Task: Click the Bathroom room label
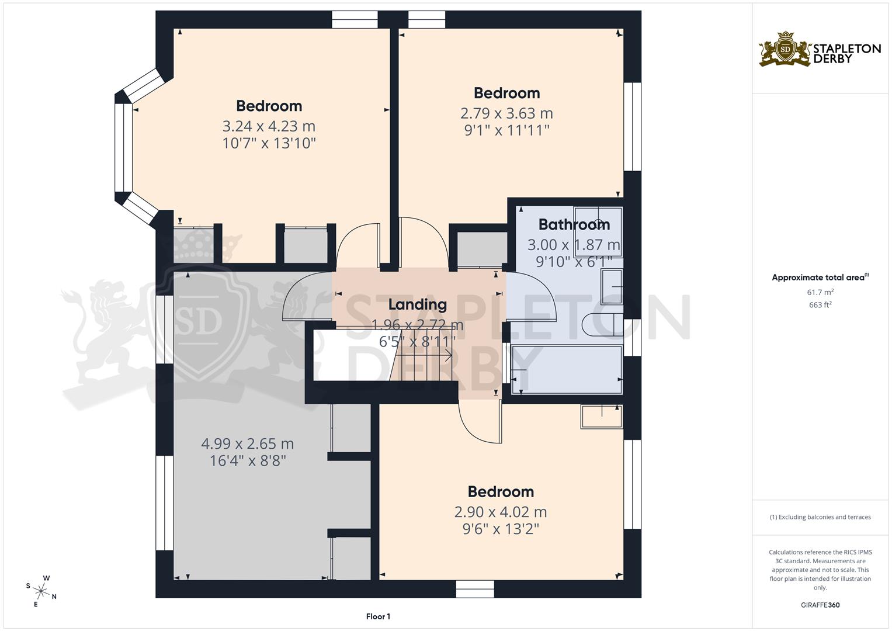(574, 224)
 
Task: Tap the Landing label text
(417, 304)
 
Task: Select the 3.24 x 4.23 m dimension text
(269, 126)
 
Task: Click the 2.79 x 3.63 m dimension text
(506, 113)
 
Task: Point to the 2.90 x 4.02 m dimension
(501, 512)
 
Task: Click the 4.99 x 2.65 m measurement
(247, 444)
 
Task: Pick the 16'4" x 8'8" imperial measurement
(247, 461)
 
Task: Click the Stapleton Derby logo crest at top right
(786, 50)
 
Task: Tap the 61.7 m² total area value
(820, 292)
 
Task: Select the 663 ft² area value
(820, 304)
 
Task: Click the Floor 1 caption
(378, 616)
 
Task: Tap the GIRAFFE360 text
(820, 605)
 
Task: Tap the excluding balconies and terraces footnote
(820, 517)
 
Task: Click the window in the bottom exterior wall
(475, 589)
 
